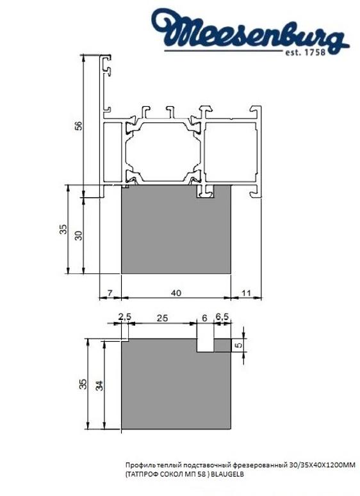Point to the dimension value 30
tap(78, 234)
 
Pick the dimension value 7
tap(110, 292)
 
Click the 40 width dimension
tap(177, 292)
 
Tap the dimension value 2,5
tap(124, 317)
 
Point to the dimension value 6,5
tap(223, 317)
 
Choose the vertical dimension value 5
tap(240, 345)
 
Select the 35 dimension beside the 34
tap(81, 384)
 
